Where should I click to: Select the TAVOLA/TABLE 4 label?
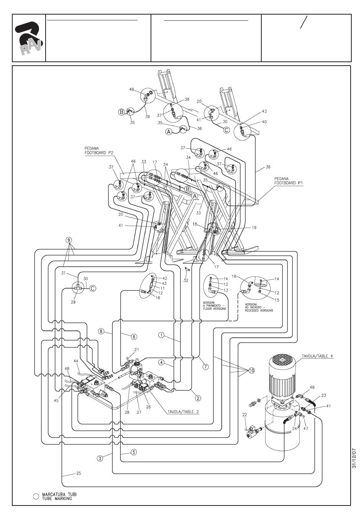click(x=317, y=356)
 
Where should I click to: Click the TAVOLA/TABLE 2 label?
click(x=183, y=412)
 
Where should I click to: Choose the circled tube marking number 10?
click(x=251, y=370)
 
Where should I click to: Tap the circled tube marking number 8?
click(x=101, y=331)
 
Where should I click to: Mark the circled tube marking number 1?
click(x=162, y=335)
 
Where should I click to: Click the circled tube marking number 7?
click(x=205, y=367)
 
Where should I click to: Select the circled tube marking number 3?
click(x=100, y=458)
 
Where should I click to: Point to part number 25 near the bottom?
click(x=78, y=473)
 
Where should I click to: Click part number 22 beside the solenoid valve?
click(x=245, y=415)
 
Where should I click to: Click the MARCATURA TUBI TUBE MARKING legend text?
click(x=57, y=496)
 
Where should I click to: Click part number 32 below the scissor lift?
click(x=185, y=281)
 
